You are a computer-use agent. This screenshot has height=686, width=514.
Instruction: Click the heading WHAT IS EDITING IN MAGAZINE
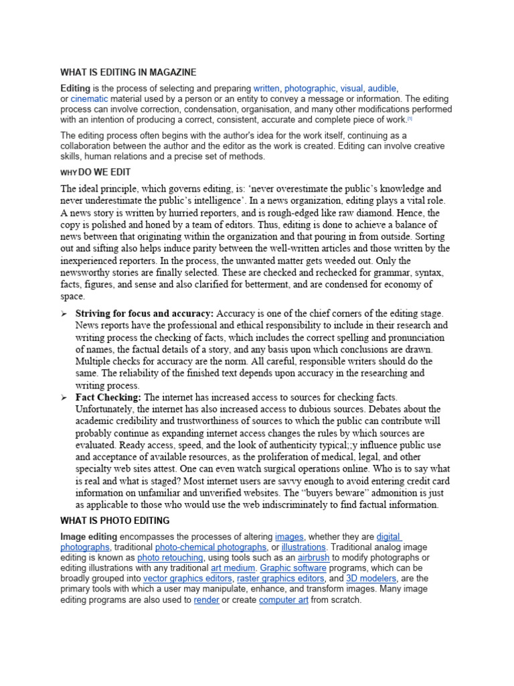coord(128,72)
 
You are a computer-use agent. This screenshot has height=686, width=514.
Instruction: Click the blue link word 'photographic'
coord(309,88)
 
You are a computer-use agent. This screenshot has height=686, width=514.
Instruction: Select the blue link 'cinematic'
coord(89,98)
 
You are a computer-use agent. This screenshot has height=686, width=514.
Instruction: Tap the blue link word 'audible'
coord(382,88)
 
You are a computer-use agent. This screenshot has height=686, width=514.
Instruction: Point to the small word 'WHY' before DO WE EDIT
coord(69,173)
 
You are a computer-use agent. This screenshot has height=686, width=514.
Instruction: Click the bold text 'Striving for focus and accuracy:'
coord(145,314)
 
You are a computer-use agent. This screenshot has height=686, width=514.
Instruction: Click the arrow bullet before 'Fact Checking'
coord(64,398)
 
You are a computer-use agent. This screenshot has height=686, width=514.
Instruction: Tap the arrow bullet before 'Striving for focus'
coord(64,314)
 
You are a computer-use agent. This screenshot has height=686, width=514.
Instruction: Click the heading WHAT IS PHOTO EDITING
coord(114,521)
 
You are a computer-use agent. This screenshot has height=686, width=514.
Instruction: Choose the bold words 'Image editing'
coord(88,537)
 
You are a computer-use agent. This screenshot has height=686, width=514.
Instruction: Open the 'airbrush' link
coord(313,557)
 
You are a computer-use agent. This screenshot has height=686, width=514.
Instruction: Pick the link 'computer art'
coord(284,600)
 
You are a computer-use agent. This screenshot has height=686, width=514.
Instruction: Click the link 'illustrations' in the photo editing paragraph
coord(303,547)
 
